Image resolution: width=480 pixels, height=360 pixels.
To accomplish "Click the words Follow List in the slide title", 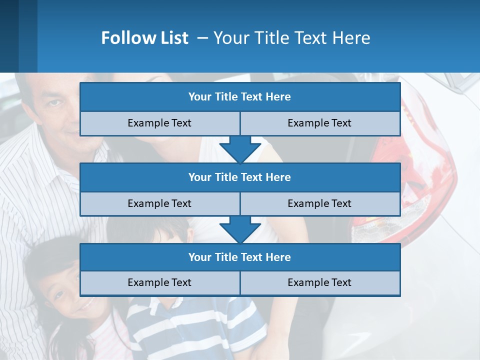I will [144, 38].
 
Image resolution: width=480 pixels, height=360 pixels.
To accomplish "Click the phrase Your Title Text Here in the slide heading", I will [292, 38].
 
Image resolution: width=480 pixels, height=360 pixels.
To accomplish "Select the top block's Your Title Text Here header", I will [239, 97].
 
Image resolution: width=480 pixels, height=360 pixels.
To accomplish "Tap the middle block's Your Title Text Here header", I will [239, 177].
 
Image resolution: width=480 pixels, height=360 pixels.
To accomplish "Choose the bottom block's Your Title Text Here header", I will [239, 257].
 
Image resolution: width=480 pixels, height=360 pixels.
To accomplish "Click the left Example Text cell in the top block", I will [159, 123].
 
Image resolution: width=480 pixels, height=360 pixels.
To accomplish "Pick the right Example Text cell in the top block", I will [319, 123].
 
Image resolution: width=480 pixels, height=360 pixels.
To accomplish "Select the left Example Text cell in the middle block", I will [159, 203].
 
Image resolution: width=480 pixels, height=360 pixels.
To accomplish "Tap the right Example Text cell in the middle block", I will [319, 203].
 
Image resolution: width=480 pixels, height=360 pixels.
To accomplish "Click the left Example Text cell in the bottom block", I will [159, 282].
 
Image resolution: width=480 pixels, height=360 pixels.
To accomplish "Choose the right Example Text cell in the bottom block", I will [319, 282].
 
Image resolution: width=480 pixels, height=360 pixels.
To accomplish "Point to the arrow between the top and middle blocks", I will [240, 149].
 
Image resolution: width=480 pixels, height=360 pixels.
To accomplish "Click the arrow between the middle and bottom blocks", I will [240, 229].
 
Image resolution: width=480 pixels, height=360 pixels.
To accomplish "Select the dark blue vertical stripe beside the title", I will [27, 36].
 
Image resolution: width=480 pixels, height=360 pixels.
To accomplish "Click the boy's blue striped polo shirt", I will [200, 325].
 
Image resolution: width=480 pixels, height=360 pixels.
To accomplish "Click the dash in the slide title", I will [203, 38].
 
